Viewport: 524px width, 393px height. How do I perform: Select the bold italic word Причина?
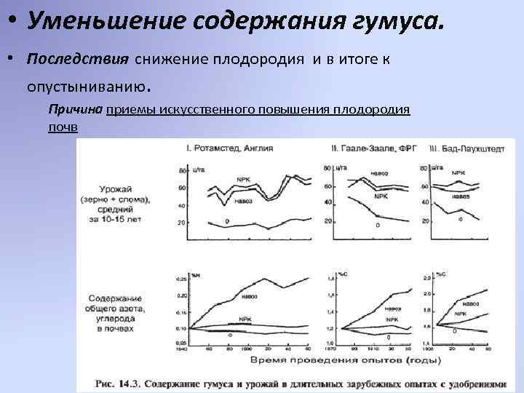tap(75, 110)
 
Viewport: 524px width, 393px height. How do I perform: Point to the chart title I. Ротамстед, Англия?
tap(230, 148)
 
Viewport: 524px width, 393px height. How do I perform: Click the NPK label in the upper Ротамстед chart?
tap(242, 178)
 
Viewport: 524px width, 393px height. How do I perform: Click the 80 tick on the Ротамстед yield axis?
tap(182, 170)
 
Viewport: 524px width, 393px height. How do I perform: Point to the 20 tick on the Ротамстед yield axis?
tap(182, 222)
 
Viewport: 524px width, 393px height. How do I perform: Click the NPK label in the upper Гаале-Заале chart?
tap(381, 196)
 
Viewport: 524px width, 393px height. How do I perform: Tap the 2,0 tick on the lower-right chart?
tap(427, 293)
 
